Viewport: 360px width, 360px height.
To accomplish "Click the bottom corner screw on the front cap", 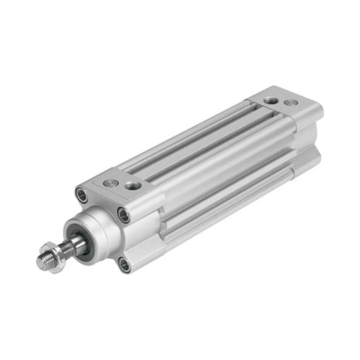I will (x=123, y=264).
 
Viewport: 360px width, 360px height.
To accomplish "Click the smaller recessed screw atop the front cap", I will (x=112, y=179).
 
